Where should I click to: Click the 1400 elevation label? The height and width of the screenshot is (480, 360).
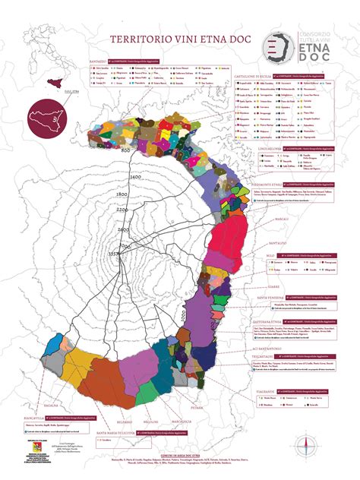(115, 176)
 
